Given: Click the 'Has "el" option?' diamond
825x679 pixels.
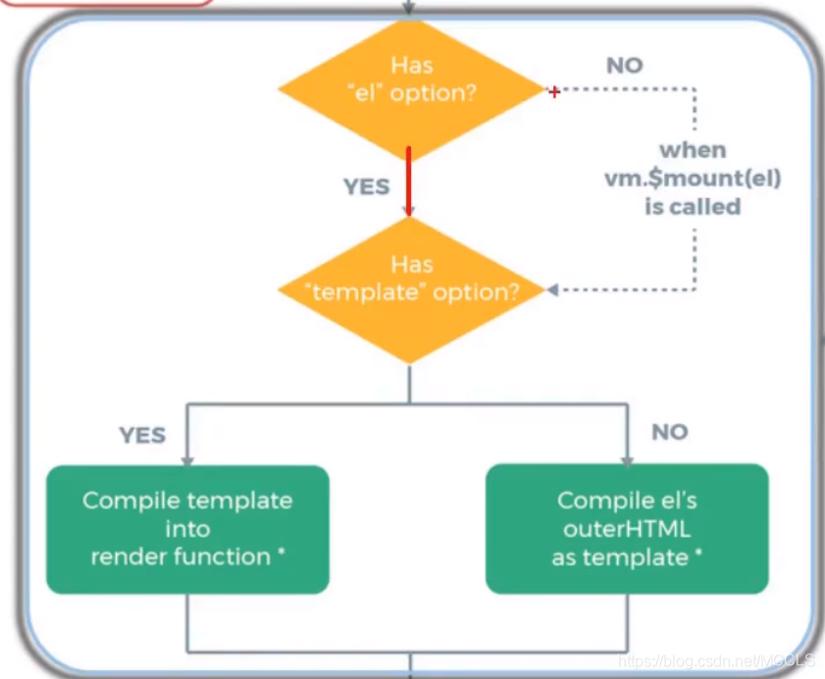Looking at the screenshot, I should [x=411, y=90].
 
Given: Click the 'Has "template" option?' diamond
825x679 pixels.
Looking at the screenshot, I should [x=411, y=290].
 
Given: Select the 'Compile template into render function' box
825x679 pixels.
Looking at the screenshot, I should [x=187, y=529].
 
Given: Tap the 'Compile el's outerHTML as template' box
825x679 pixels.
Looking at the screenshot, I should [x=627, y=529].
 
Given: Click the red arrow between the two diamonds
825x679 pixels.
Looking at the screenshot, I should [x=409, y=182].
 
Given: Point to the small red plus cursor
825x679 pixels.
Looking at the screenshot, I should [x=554, y=91].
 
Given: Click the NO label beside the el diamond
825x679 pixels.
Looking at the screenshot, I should [x=624, y=66].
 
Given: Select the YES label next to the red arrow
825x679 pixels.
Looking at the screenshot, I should [x=366, y=186].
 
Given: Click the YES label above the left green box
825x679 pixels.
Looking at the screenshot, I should [x=142, y=435].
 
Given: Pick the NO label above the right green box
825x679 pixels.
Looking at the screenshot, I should [x=670, y=432].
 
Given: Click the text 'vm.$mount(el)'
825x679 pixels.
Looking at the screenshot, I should [x=693, y=179].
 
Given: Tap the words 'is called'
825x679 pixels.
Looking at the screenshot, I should [x=693, y=207].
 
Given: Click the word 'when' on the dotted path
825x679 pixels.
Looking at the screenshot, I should [x=693, y=150].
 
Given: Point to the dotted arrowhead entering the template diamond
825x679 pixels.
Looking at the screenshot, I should [x=552, y=290].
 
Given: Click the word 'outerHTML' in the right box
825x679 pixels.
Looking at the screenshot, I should [x=627, y=529].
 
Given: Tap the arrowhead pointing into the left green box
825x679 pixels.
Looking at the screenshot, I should [x=187, y=459].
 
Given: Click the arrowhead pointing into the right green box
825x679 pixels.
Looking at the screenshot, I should [x=627, y=459].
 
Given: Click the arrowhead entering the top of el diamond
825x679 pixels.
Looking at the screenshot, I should [x=409, y=6].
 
